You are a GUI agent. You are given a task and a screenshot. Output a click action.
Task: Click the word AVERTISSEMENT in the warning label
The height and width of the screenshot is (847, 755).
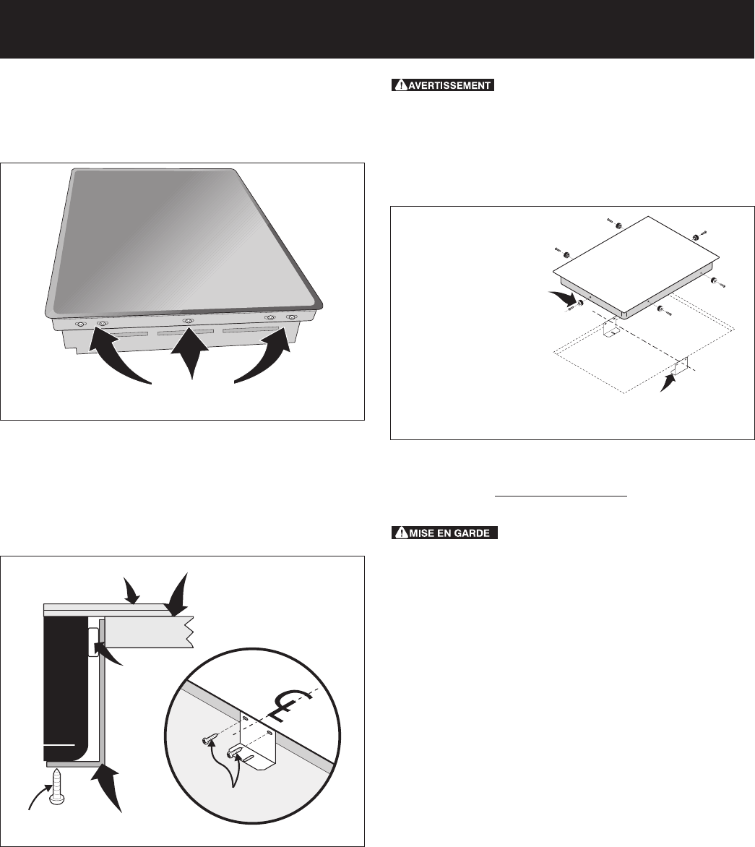450,85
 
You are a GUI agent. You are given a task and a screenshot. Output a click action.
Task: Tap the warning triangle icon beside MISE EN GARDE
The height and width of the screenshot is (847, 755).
401,533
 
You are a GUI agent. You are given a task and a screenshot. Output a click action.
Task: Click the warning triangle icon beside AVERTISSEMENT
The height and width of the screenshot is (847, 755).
401,85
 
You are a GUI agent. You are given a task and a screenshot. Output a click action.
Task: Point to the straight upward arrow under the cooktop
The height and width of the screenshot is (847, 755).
189,356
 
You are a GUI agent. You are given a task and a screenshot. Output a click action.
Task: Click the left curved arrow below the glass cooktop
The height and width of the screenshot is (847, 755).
116,360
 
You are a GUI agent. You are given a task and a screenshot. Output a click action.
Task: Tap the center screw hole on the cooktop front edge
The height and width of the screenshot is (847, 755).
188,322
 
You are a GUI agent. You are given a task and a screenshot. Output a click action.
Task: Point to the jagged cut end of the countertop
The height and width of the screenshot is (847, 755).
189,632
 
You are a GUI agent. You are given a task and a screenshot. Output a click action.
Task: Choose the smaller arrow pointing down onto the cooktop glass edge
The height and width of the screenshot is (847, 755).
131,590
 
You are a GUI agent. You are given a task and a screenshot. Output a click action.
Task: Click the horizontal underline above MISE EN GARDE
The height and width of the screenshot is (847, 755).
561,495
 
